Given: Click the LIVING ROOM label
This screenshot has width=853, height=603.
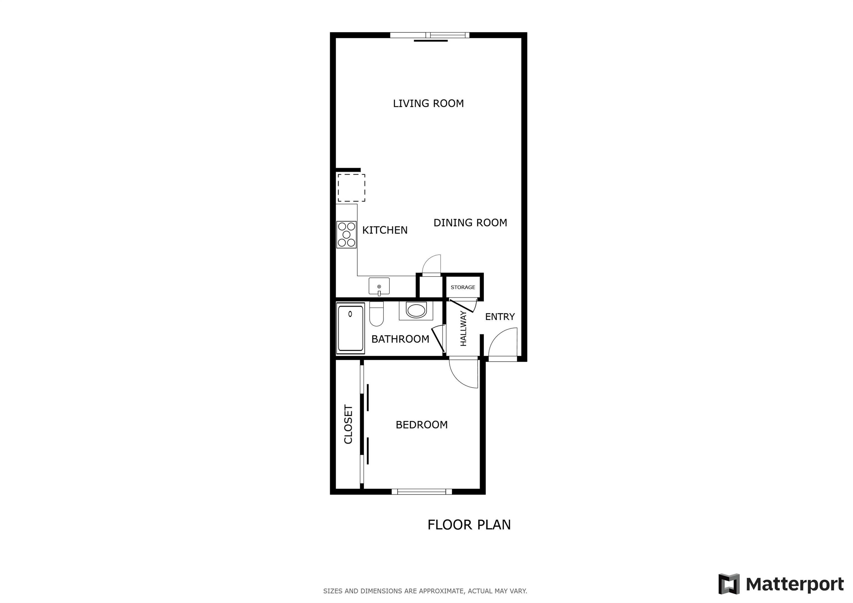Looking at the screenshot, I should (x=428, y=103).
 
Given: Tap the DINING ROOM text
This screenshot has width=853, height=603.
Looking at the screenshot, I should (x=470, y=223).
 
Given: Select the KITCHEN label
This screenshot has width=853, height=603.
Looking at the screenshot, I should (x=385, y=230).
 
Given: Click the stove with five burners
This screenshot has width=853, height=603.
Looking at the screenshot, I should (x=346, y=234).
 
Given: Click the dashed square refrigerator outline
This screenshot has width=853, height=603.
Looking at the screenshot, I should (x=351, y=188).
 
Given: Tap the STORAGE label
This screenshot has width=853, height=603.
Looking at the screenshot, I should (x=463, y=287).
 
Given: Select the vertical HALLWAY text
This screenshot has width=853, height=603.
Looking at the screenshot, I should (x=463, y=329).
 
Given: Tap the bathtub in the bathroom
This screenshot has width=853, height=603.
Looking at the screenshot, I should (x=350, y=328).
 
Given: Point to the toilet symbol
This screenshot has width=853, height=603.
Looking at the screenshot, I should (x=376, y=314).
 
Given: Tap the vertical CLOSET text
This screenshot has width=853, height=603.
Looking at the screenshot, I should (x=348, y=424).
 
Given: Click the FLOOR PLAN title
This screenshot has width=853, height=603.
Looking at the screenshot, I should (x=469, y=525).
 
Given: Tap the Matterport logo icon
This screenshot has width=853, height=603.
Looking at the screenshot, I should (x=729, y=584).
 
